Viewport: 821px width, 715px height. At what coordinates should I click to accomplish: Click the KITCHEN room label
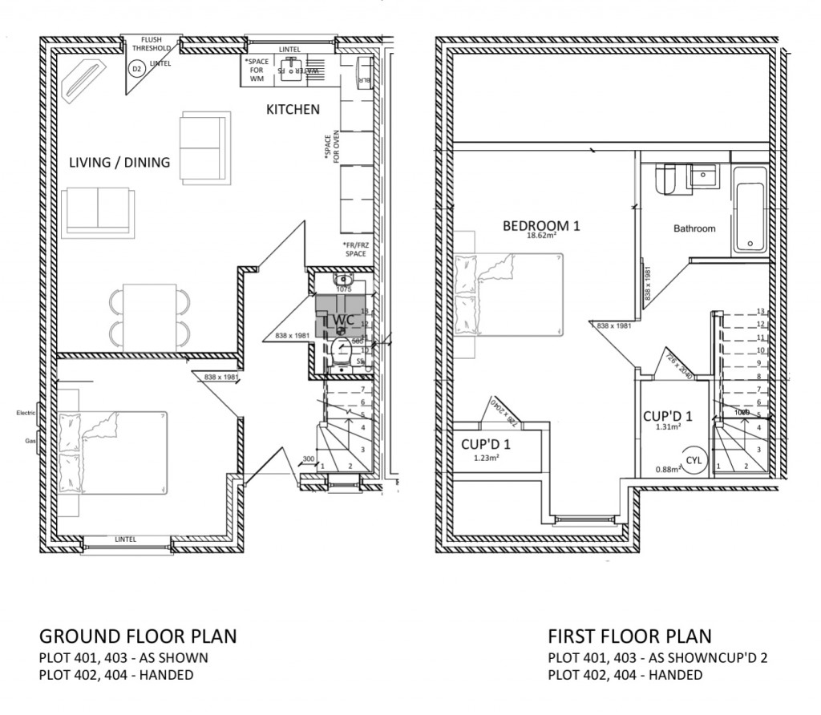click(x=293, y=110)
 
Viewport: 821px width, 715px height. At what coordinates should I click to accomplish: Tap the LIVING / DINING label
click(x=119, y=163)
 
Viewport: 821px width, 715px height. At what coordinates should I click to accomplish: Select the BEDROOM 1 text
click(x=540, y=226)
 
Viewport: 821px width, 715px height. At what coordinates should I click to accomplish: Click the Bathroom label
click(x=694, y=228)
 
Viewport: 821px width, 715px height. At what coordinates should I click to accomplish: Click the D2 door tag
click(x=137, y=70)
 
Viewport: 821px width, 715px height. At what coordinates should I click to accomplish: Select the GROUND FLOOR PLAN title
click(x=138, y=636)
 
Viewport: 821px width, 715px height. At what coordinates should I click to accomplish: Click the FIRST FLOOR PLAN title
click(x=629, y=636)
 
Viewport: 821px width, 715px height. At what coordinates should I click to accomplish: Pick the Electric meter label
click(x=27, y=414)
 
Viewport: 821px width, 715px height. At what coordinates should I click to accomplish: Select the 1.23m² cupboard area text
click(x=486, y=458)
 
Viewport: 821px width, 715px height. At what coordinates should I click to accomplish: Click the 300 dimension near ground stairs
click(x=309, y=459)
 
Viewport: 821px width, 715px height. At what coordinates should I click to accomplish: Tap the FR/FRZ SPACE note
click(x=354, y=248)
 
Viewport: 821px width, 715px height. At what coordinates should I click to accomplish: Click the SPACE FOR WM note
click(x=258, y=69)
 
